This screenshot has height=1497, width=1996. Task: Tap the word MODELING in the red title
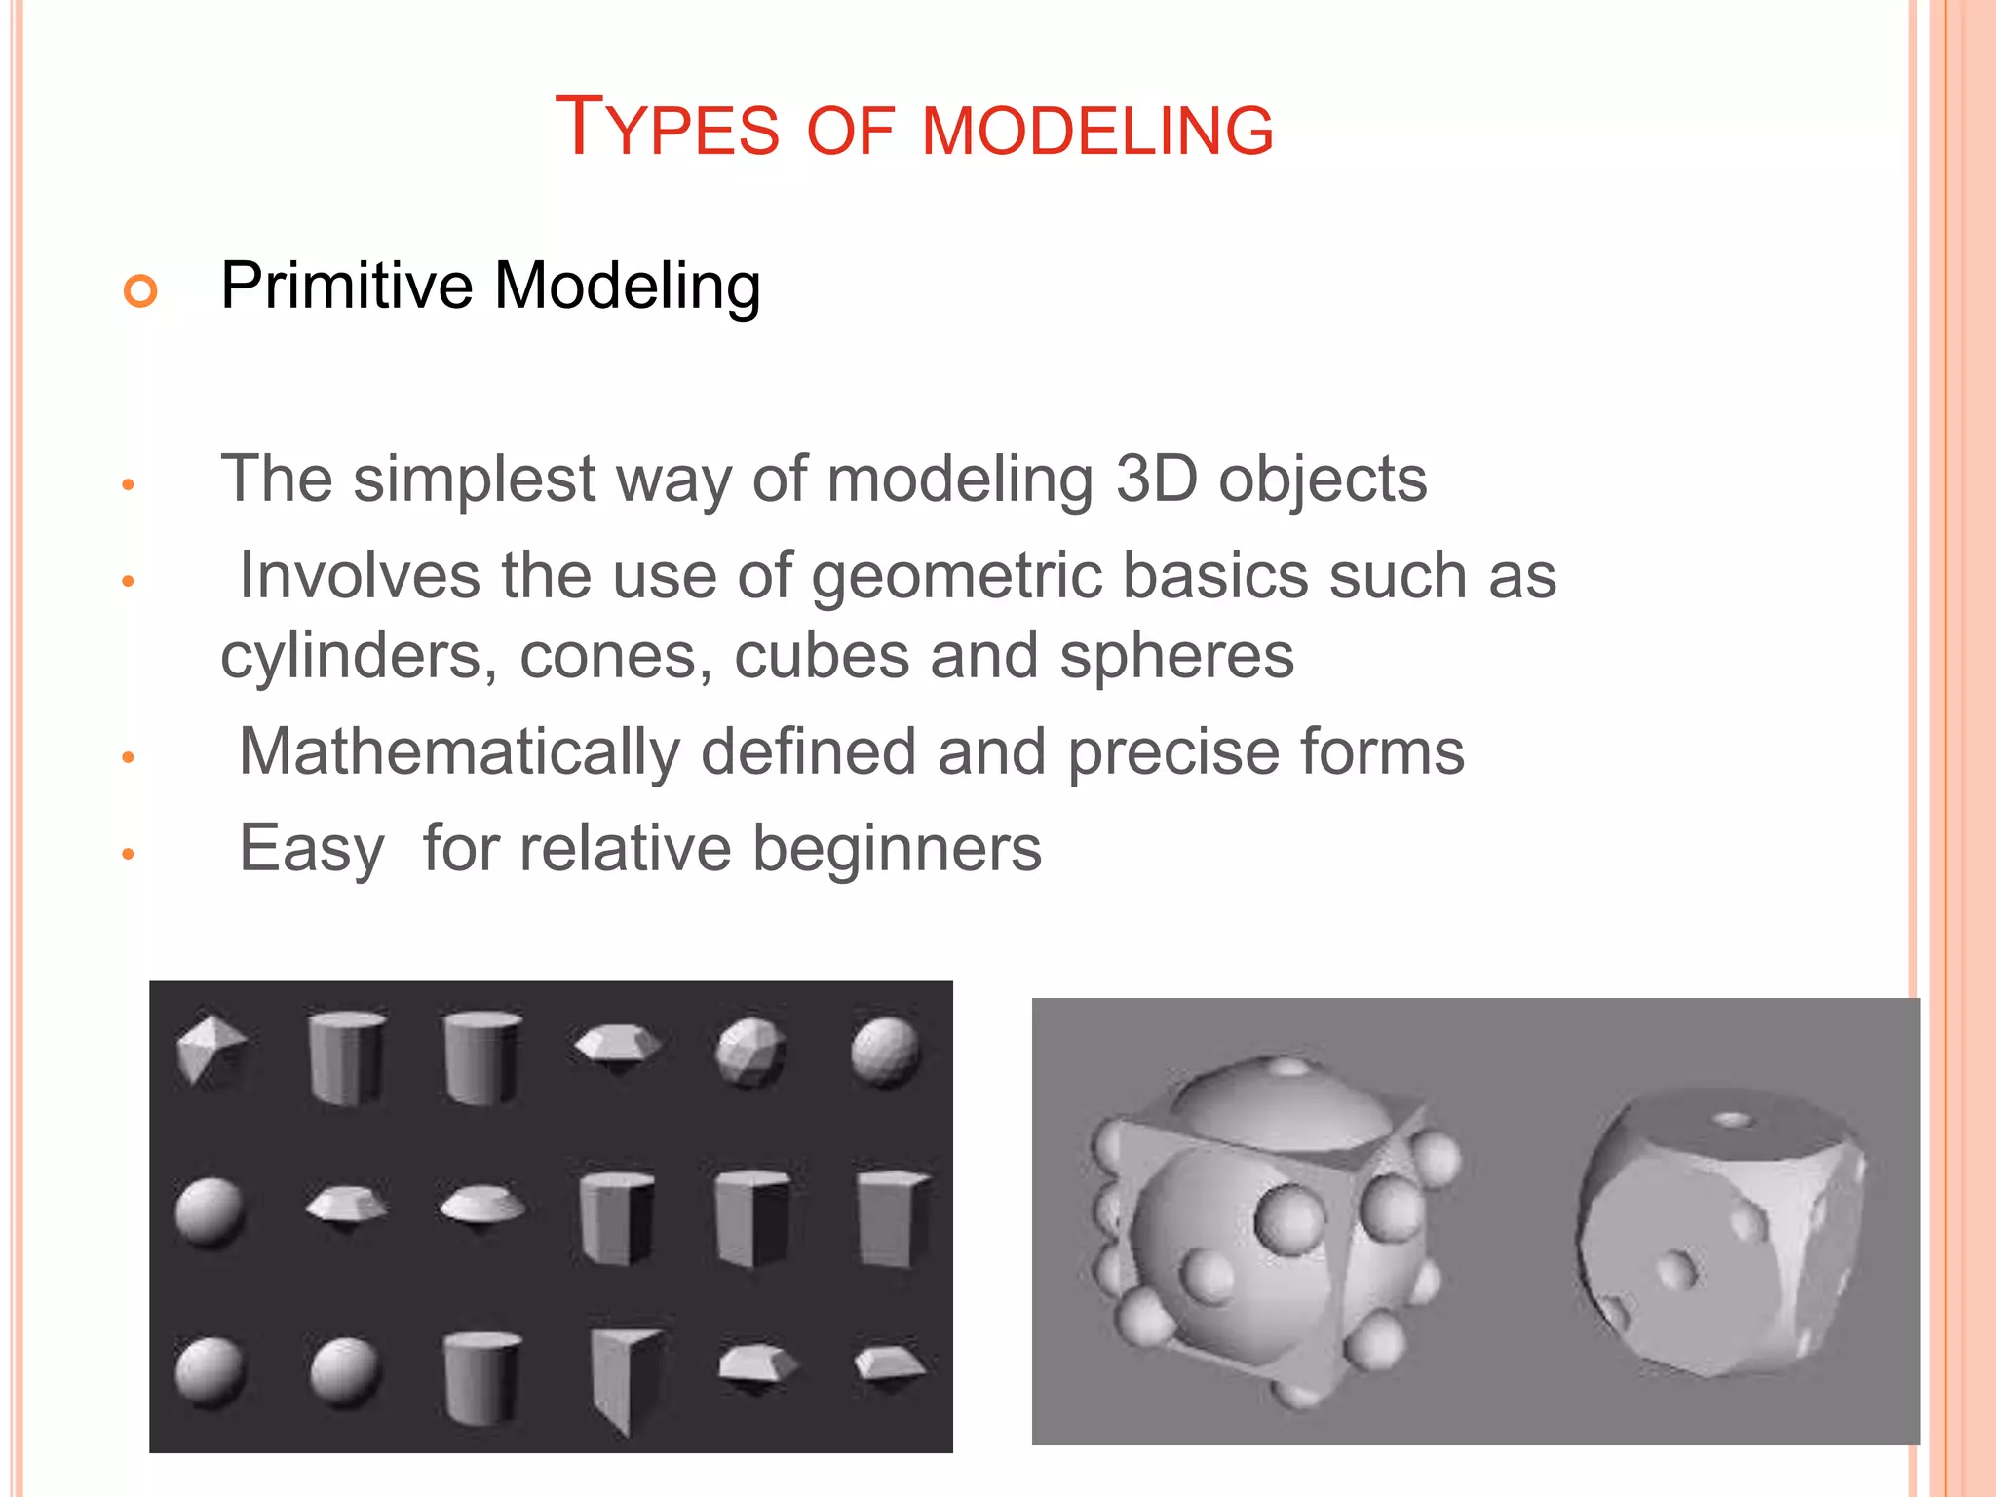click(x=1097, y=131)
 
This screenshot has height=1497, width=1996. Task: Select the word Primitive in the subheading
click(x=346, y=286)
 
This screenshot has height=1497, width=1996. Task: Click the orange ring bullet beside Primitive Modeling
click(x=140, y=290)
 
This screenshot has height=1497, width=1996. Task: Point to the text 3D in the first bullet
click(x=1156, y=479)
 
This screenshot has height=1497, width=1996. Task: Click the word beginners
click(x=897, y=849)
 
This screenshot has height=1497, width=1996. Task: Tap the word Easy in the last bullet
click(x=312, y=849)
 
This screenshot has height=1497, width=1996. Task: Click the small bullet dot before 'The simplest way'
click(x=128, y=484)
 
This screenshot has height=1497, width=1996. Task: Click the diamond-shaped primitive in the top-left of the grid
click(x=209, y=1049)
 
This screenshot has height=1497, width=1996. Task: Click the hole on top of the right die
click(x=1733, y=1120)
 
